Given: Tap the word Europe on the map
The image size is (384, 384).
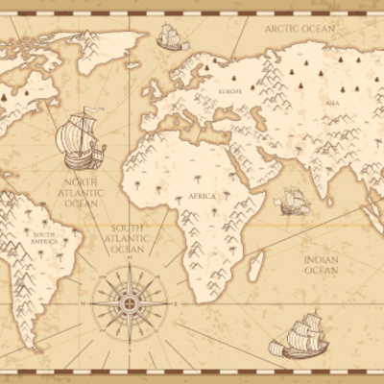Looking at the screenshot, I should [x=229, y=91].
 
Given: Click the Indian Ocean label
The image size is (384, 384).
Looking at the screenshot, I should [x=321, y=264].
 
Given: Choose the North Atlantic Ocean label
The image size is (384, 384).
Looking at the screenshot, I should [x=81, y=192].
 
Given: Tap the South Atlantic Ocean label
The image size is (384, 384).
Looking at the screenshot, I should [x=128, y=239].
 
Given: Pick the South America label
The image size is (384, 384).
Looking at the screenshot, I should [x=44, y=238].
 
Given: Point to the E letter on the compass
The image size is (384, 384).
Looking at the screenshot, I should [x=169, y=301].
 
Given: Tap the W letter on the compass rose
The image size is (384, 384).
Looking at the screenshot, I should [x=84, y=301].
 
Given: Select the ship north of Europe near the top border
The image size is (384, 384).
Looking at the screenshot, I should [x=170, y=38].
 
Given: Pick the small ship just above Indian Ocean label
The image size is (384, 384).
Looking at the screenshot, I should [x=293, y=202].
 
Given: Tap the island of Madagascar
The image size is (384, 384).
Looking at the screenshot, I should [x=256, y=264].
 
